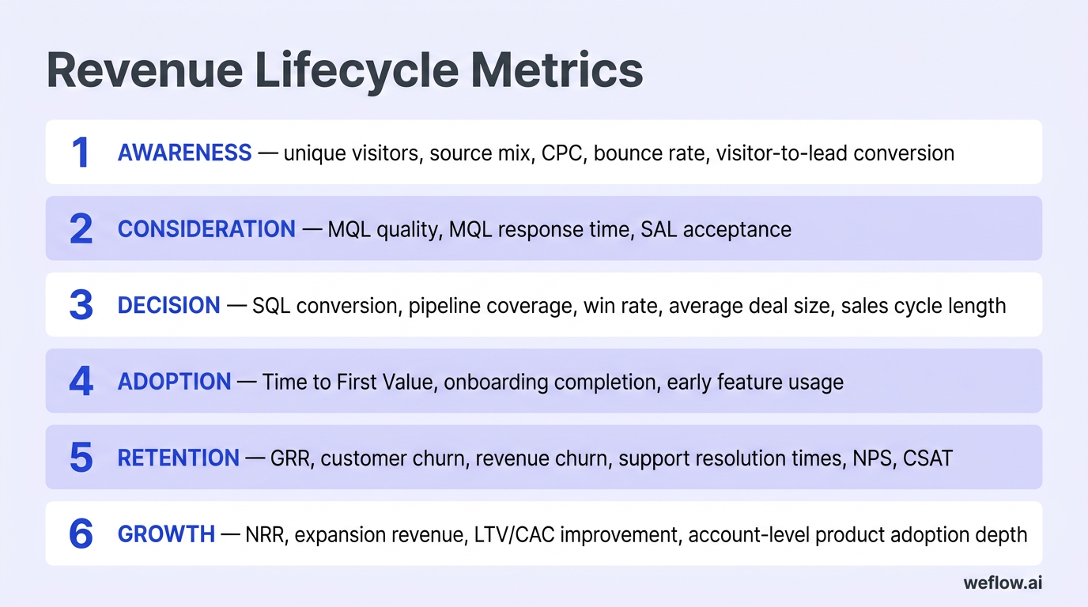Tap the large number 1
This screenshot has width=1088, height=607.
(x=81, y=153)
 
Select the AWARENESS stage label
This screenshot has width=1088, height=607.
(x=184, y=153)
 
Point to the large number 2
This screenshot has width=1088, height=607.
(x=81, y=229)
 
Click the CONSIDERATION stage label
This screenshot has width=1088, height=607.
(x=206, y=229)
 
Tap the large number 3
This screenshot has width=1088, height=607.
(x=81, y=305)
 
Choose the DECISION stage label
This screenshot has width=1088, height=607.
(x=168, y=305)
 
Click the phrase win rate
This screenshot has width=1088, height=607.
(x=620, y=305)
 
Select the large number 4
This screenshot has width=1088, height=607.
(x=81, y=382)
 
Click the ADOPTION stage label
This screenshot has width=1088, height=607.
(x=174, y=382)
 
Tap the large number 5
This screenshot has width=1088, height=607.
(x=81, y=458)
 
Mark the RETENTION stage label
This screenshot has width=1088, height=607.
(x=178, y=458)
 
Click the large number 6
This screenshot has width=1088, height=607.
(x=81, y=534)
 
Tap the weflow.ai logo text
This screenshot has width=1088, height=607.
(x=1002, y=583)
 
